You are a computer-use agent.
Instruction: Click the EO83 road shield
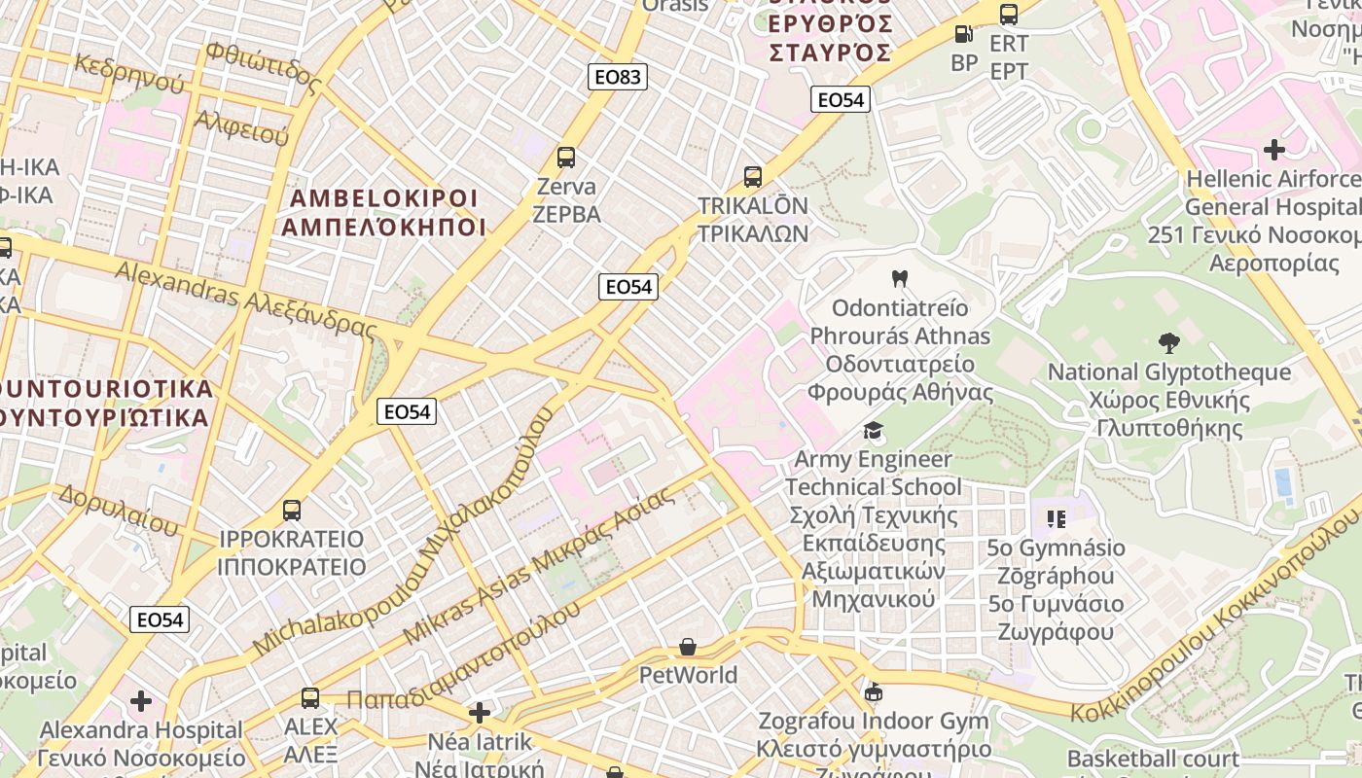pyautogui.click(x=618, y=77)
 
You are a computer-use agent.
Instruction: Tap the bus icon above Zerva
pyautogui.click(x=565, y=157)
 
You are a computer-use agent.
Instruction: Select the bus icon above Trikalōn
pyautogui.click(x=753, y=176)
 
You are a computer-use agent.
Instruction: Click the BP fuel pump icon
pyautogui.click(x=963, y=34)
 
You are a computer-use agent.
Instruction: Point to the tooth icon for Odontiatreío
pyautogui.click(x=900, y=278)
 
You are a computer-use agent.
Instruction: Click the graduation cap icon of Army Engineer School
pyautogui.click(x=874, y=430)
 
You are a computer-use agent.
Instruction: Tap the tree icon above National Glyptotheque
pyautogui.click(x=1169, y=342)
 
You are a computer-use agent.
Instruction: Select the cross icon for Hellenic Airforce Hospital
pyautogui.click(x=1273, y=149)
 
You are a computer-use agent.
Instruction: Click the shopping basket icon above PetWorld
pyautogui.click(x=688, y=647)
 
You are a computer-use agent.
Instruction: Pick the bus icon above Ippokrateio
pyautogui.click(x=291, y=510)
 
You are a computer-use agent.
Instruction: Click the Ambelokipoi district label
pyautogui.click(x=385, y=213)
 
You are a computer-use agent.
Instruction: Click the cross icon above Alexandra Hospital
pyautogui.click(x=141, y=700)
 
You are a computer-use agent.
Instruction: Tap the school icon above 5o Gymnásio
pyautogui.click(x=1057, y=518)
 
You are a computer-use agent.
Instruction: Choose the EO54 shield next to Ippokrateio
pyautogui.click(x=160, y=619)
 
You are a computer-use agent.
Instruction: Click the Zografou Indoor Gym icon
pyautogui.click(x=874, y=692)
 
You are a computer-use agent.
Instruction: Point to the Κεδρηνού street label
pyautogui.click(x=128, y=74)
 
